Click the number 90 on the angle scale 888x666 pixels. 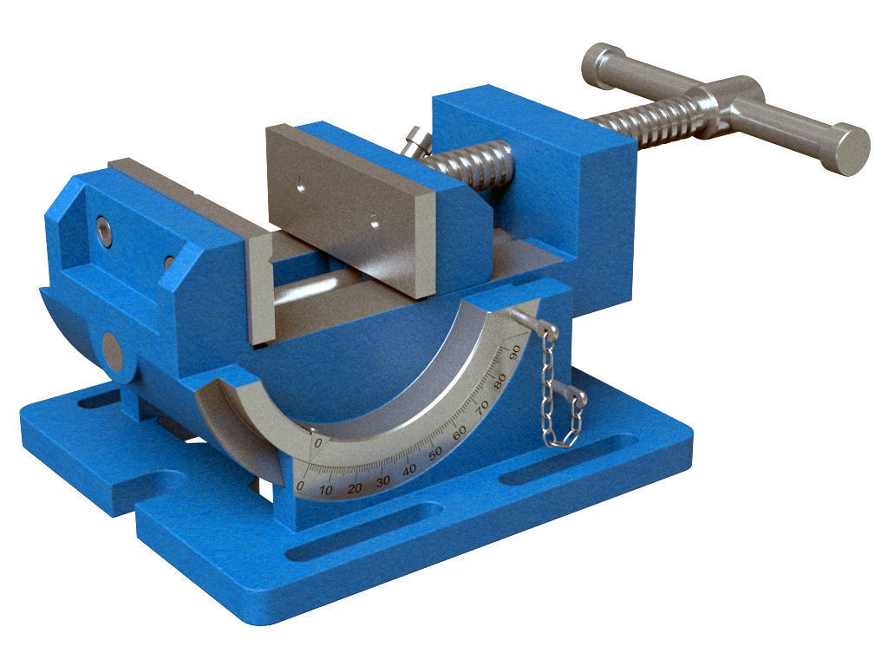click(513, 351)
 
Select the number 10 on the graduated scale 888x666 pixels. click(326, 491)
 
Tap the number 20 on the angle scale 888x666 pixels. click(354, 487)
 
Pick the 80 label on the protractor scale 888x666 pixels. click(499, 380)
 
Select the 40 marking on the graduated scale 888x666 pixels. click(409, 467)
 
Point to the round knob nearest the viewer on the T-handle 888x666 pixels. click(845, 150)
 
